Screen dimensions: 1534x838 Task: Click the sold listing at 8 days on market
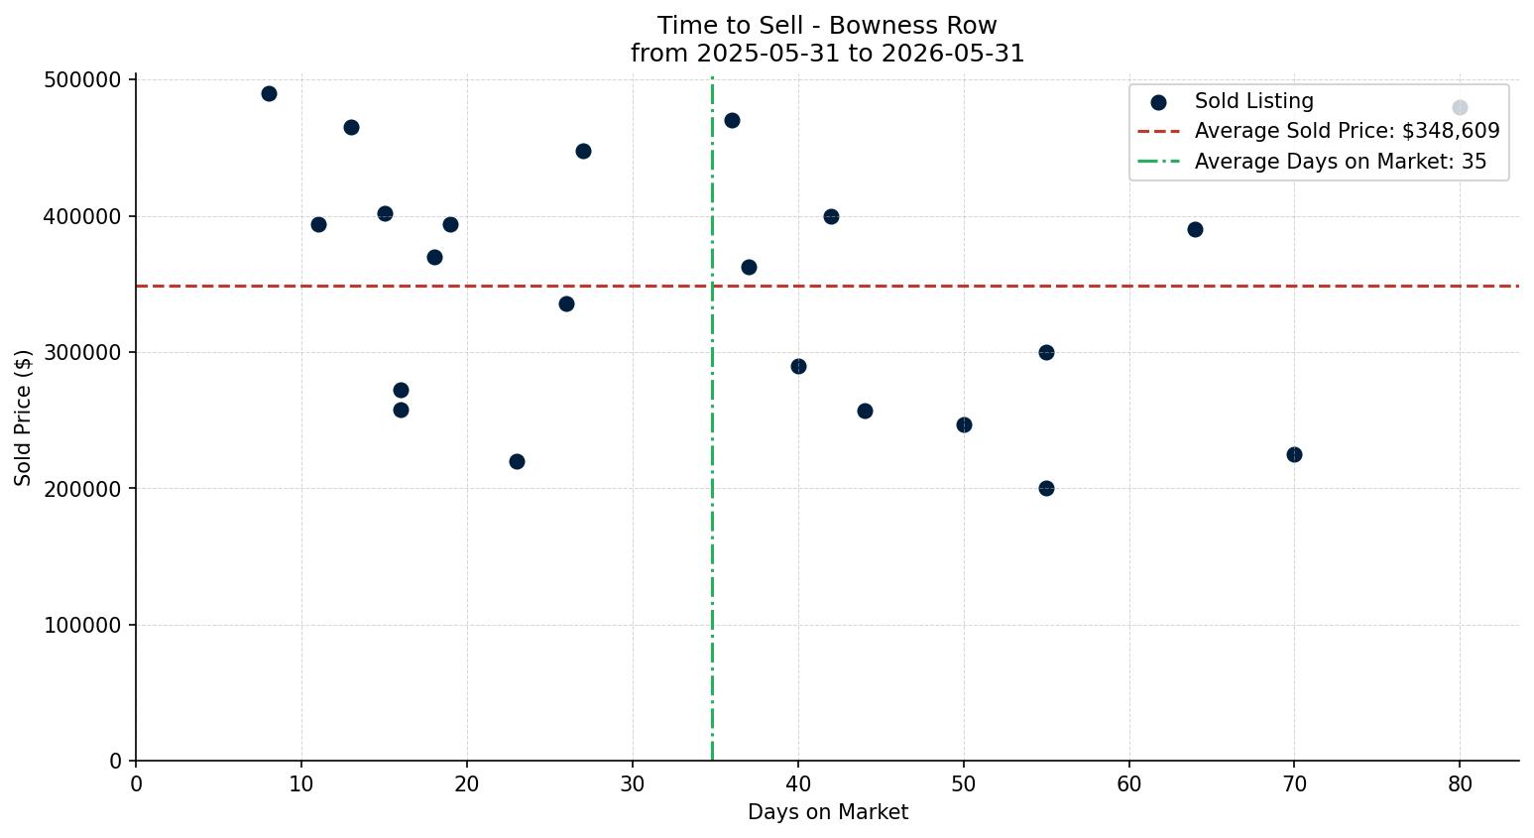(269, 94)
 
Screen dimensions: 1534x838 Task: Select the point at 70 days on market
(1294, 454)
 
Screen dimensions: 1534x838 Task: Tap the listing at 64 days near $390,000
(1195, 229)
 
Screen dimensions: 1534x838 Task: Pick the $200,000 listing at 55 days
(1046, 488)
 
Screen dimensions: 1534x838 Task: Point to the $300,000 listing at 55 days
(1046, 353)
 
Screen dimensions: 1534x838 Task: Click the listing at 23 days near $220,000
(517, 461)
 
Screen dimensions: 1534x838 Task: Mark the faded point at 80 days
(1460, 107)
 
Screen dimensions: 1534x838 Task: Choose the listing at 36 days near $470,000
(732, 121)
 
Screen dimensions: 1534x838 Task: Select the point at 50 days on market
(964, 425)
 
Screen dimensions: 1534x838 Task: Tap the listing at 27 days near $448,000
(583, 152)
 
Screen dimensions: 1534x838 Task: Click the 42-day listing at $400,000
(831, 217)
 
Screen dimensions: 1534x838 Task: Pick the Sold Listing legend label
(1254, 100)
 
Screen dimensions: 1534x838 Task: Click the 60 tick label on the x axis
(1129, 783)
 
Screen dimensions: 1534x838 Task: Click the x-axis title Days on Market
(827, 812)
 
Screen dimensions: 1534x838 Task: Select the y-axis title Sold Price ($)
(23, 419)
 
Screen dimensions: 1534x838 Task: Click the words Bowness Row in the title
(913, 26)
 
